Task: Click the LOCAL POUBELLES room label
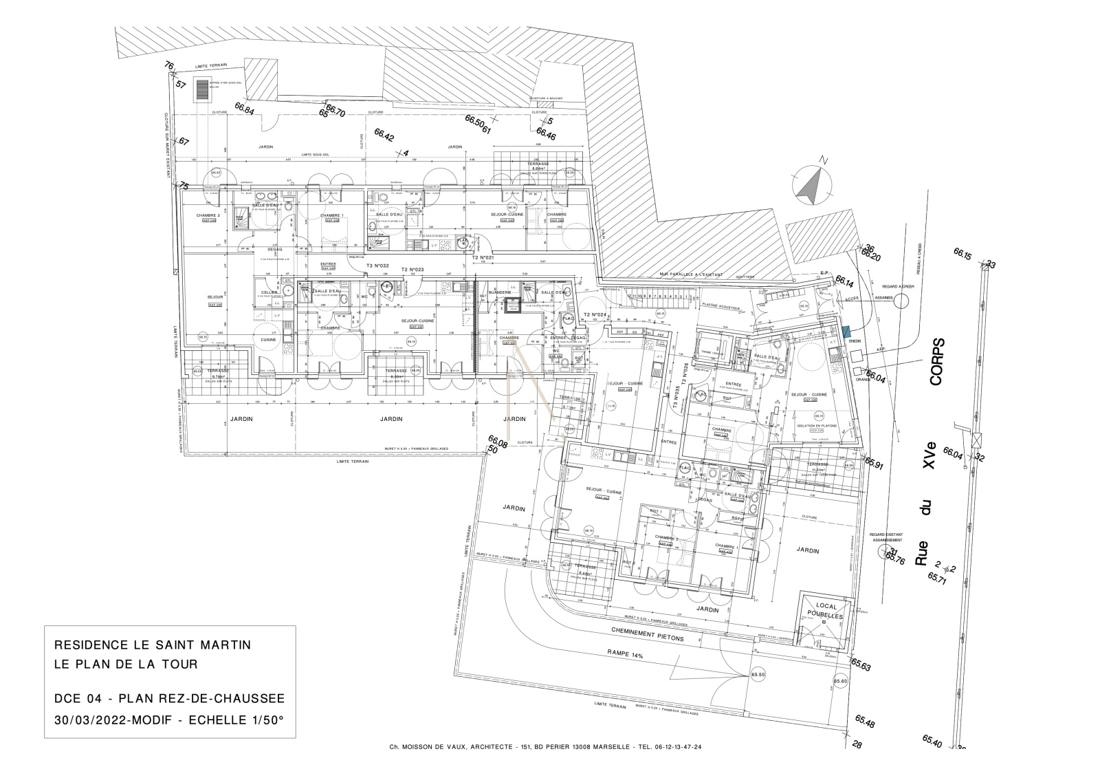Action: pyautogui.click(x=826, y=612)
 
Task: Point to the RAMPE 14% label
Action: pyautogui.click(x=624, y=656)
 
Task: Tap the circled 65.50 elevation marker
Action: pyautogui.click(x=758, y=675)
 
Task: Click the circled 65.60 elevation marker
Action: pyautogui.click(x=841, y=681)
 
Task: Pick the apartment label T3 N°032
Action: pyautogui.click(x=377, y=266)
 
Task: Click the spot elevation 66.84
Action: pyautogui.click(x=244, y=108)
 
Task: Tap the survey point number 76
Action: pyautogui.click(x=168, y=65)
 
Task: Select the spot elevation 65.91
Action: pyautogui.click(x=874, y=464)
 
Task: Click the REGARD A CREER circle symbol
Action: pyautogui.click(x=901, y=299)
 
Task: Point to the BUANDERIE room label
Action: pyautogui.click(x=500, y=292)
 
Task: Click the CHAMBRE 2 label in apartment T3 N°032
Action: pyautogui.click(x=208, y=215)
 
